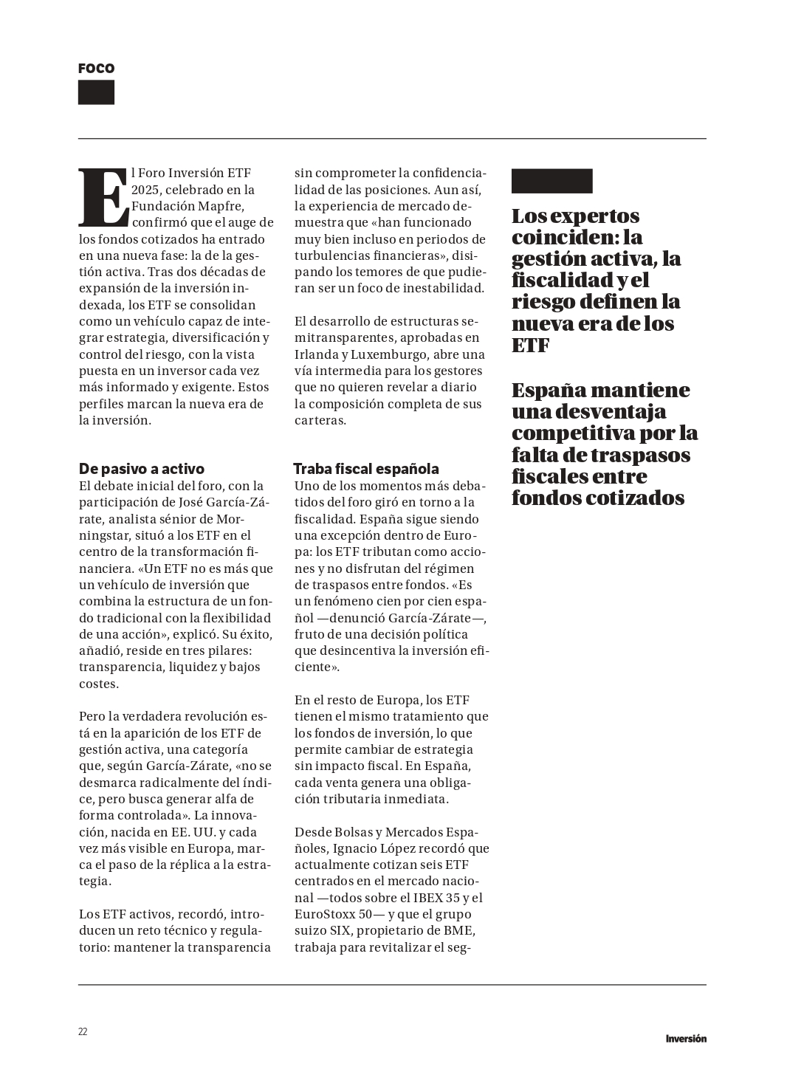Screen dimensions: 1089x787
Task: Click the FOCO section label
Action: [x=96, y=69]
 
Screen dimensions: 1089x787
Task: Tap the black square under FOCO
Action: [x=96, y=92]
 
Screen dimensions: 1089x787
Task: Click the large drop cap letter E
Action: [x=103, y=197]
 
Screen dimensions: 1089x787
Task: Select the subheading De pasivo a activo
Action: [x=142, y=469]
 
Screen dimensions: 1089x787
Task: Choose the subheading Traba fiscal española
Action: [x=365, y=469]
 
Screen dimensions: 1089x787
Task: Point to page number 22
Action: [x=83, y=1031]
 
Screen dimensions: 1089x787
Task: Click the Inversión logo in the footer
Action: [x=685, y=1038]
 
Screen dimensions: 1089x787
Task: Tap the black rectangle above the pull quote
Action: [x=551, y=181]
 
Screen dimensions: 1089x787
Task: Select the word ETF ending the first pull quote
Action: [x=530, y=345]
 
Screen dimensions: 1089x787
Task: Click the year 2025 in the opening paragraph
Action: [x=146, y=190]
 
